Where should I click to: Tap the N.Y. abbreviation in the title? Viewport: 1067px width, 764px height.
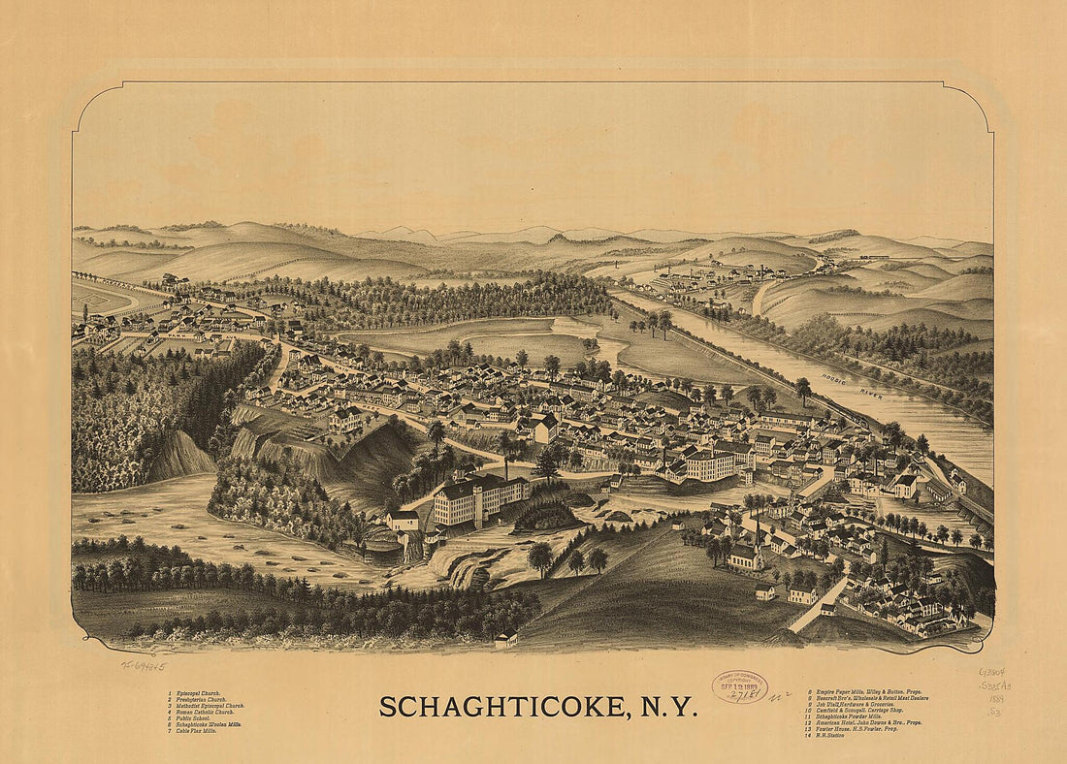point(668,707)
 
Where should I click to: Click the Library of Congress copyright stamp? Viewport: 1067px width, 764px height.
point(739,685)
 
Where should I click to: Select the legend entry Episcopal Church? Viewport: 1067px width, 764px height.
point(193,694)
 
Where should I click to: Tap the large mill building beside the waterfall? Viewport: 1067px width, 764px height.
point(479,498)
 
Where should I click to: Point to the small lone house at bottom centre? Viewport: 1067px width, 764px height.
point(504,640)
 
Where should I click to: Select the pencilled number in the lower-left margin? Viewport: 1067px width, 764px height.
point(143,666)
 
